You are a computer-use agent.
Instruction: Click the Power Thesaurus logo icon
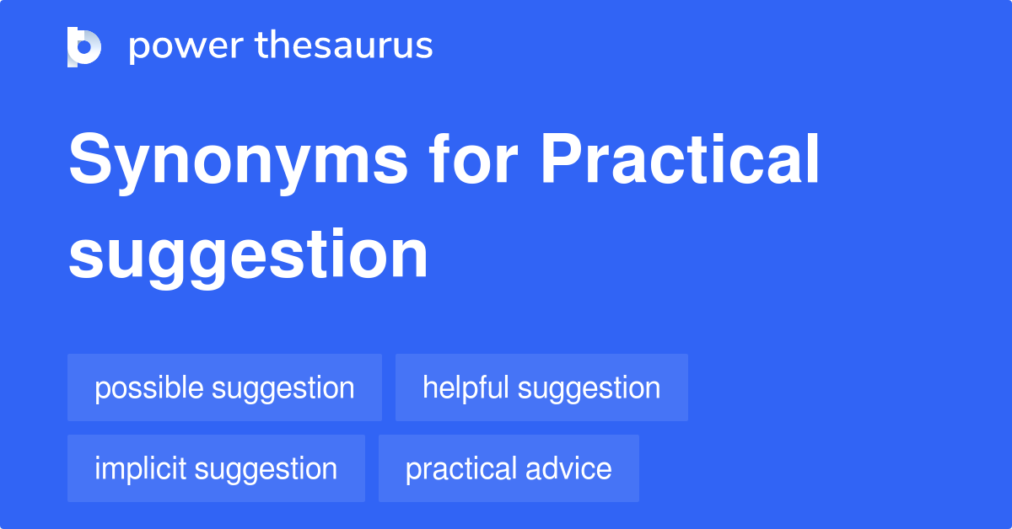coord(84,47)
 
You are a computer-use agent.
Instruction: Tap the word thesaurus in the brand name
coord(344,45)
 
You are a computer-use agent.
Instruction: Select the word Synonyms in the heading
coord(238,162)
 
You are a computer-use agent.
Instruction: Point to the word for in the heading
coord(473,158)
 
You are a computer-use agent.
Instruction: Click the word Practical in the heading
coord(680,158)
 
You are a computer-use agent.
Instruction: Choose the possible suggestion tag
coord(224,387)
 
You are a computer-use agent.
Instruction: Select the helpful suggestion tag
coord(541,387)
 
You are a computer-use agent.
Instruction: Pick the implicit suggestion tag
coord(216,468)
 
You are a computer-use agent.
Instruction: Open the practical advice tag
coord(509,468)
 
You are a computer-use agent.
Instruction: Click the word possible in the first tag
coord(149,388)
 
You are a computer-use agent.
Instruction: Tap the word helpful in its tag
coord(466,388)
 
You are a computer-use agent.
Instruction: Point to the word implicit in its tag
coord(141,469)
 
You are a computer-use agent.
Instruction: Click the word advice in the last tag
coord(568,468)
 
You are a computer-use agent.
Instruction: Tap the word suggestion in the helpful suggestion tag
coord(589,390)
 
